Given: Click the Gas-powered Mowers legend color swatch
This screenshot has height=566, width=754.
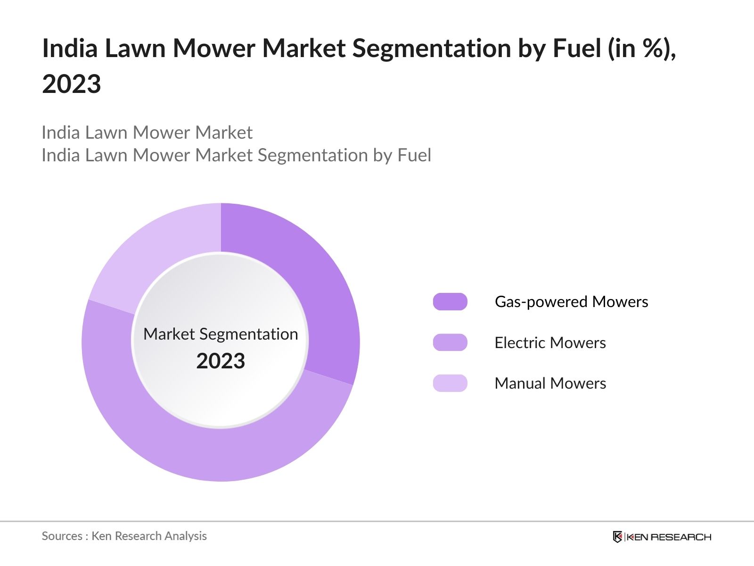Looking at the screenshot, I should pyautogui.click(x=450, y=302).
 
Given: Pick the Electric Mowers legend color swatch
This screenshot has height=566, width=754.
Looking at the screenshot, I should pyautogui.click(x=450, y=342).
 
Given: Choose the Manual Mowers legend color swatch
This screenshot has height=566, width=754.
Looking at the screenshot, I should pyautogui.click(x=450, y=383).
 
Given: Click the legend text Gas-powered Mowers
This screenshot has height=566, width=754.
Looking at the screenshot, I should pyautogui.click(x=571, y=302).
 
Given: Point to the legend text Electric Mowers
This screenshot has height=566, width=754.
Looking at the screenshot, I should pyautogui.click(x=550, y=342).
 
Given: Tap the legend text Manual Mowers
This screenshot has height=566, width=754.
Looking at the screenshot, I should pyautogui.click(x=550, y=383).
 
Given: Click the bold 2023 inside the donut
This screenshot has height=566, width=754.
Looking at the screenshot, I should pyautogui.click(x=221, y=361).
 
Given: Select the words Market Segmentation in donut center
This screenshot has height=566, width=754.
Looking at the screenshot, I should pyautogui.click(x=221, y=334).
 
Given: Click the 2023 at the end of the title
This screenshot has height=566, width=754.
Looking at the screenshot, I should pyautogui.click(x=72, y=84).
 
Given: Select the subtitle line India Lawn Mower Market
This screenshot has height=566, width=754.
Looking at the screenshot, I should pyautogui.click(x=147, y=133).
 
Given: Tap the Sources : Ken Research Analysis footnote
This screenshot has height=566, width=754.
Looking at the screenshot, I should pyautogui.click(x=124, y=536).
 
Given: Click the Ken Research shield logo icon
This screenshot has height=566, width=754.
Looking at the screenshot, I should pyautogui.click(x=617, y=537).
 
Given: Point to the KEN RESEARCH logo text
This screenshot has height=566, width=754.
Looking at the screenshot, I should pyautogui.click(x=668, y=537).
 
